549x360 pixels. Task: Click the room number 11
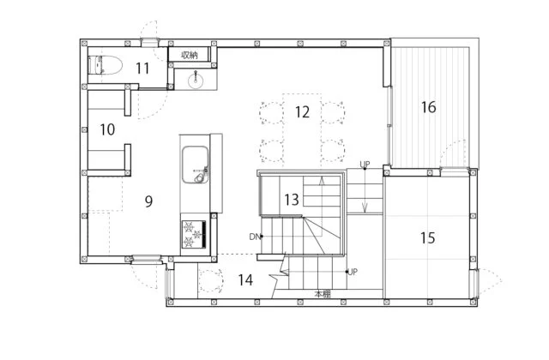[142, 69]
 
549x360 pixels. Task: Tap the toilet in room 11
[105, 65]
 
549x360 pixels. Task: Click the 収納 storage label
[190, 55]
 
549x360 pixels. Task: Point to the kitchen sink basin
[195, 164]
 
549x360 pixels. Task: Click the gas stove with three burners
[193, 234]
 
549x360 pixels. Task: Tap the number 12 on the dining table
[302, 112]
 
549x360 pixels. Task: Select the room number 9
[148, 201]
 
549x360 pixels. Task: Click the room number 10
[107, 129]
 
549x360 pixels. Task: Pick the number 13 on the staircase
[292, 200]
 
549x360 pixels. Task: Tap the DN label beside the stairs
[255, 237]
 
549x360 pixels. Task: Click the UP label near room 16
[365, 164]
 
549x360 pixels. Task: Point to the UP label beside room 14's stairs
[353, 272]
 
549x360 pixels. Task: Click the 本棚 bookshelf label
[323, 294]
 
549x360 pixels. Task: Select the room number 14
[245, 280]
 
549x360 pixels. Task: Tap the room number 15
[427, 238]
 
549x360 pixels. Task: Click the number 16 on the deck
[429, 107]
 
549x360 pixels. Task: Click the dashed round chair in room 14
[210, 280]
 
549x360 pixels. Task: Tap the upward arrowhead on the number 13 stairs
[322, 180]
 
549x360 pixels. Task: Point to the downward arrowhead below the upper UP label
[365, 209]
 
